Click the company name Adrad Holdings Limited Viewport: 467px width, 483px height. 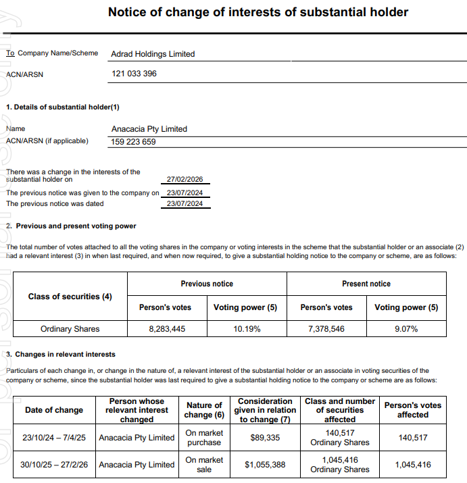tap(152, 54)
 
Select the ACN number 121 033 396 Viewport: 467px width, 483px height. tap(133, 74)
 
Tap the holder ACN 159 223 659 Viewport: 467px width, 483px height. tap(133, 142)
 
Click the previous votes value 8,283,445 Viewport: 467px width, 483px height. tap(167, 329)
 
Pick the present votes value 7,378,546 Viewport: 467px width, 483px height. tap(326, 329)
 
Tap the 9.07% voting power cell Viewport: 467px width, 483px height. tap(406, 329)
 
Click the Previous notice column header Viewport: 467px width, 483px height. tap(207, 284)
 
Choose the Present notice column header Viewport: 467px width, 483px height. tap(366, 284)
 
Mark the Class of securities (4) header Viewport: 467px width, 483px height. tap(70, 297)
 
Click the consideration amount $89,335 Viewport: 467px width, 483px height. tap(265, 438)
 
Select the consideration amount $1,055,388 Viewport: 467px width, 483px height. tap(265, 465)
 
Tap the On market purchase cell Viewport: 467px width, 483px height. tap(204, 438)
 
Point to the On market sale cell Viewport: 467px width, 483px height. tap(204, 465)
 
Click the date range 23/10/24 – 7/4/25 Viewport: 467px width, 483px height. tap(54, 438)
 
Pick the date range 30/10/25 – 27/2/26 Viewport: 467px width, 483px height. tap(54, 465)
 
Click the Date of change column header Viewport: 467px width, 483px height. tap(54, 410)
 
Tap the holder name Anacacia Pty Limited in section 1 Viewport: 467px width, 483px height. tap(149, 129)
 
